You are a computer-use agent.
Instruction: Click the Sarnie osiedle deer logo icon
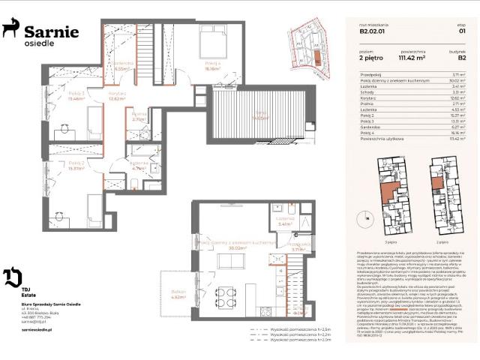pos(10,29)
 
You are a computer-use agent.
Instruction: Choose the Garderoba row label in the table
pos(370,127)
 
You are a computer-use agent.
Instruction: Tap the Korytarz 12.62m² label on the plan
pos(116,95)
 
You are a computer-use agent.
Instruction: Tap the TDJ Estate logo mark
pos(12,277)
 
